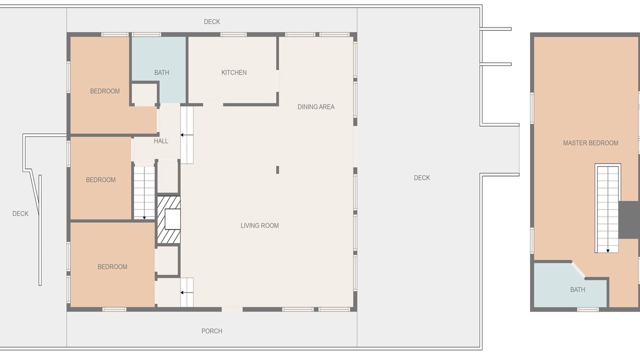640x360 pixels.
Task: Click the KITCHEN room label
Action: coord(234,72)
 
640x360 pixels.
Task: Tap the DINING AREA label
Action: coord(316,107)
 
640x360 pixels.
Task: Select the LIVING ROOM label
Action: coord(259,225)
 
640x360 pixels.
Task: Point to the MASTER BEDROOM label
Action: coord(590,143)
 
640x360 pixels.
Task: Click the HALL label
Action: coord(161,141)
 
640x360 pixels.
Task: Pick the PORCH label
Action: coord(211,331)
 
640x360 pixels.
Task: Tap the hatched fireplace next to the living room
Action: coord(168,219)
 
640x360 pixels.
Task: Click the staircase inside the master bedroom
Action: coord(607,208)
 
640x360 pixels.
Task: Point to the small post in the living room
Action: coord(277,169)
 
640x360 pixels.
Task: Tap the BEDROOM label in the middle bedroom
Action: coord(100,179)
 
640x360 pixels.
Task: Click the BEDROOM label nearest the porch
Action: coord(112,266)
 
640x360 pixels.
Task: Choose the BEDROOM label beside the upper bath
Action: coord(105,91)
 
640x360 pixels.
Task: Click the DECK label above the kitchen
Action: coord(211,21)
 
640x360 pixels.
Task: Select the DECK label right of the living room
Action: coord(421,177)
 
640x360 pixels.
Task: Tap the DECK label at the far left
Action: coord(20,213)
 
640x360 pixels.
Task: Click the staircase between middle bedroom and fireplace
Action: coord(144,192)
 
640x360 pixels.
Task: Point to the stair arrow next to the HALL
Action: coord(186,135)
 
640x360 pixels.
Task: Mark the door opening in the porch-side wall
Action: coord(232,309)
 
